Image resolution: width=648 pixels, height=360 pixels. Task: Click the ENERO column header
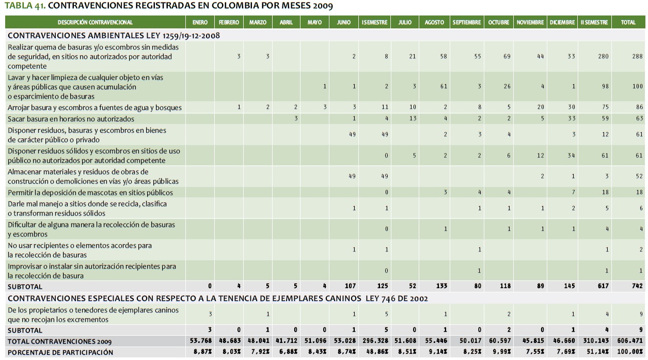click(200, 23)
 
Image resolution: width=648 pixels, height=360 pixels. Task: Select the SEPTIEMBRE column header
click(467, 23)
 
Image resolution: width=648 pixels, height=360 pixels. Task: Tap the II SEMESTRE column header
click(594, 23)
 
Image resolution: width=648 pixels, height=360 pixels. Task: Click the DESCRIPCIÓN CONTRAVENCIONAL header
click(95, 23)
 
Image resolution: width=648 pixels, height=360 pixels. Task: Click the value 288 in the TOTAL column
click(637, 56)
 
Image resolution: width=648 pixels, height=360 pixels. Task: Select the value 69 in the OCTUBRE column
click(507, 56)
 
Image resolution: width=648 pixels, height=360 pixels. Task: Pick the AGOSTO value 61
click(444, 87)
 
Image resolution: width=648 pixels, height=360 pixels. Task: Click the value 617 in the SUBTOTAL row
click(603, 286)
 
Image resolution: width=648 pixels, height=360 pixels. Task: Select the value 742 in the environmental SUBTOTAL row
click(637, 286)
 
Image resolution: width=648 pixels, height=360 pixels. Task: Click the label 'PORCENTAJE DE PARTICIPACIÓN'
click(60, 352)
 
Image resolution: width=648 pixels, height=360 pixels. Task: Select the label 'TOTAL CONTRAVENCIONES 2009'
click(59, 341)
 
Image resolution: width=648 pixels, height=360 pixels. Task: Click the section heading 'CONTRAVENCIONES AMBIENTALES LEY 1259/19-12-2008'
click(114, 36)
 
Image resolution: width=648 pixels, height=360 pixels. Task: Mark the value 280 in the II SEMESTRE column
click(603, 56)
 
